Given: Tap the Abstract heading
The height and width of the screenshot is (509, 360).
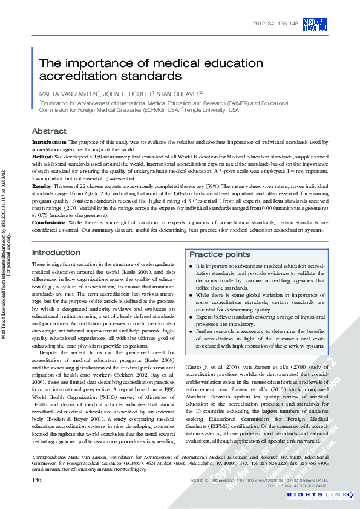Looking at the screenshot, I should click(49, 131).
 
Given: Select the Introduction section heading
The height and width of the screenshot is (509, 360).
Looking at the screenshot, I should click(56, 253).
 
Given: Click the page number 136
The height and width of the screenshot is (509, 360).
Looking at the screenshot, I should click(36, 479).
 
